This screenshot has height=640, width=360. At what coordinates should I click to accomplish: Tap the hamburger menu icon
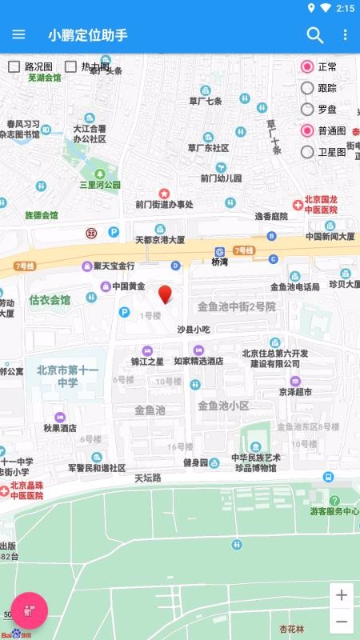pos(18,34)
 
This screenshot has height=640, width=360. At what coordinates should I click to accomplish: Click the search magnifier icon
pos(315,34)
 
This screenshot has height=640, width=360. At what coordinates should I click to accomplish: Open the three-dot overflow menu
pos(345,34)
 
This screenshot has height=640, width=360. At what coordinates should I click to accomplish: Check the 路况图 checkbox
pos(14,67)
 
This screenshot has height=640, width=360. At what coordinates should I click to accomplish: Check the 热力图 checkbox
pos(71,67)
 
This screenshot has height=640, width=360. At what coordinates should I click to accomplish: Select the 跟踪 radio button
pos(307,88)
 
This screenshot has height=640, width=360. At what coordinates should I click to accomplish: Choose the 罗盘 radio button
pos(307,110)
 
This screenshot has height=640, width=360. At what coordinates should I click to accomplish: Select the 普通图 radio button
pos(307,130)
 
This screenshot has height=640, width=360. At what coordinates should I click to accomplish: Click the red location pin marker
pos(166,294)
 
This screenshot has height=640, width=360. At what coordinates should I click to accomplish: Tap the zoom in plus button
pos(342,595)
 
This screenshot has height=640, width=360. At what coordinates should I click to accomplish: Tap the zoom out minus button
pos(342,622)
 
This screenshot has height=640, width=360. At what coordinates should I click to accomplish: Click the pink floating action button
pos(29,612)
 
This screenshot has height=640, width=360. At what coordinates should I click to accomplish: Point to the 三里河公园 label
pos(99,184)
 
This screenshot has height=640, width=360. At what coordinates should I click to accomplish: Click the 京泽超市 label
pos(295,391)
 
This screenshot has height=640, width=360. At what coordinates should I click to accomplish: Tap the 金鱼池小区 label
pos(224,405)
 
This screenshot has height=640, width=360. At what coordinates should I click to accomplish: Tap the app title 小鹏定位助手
pos(88,34)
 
